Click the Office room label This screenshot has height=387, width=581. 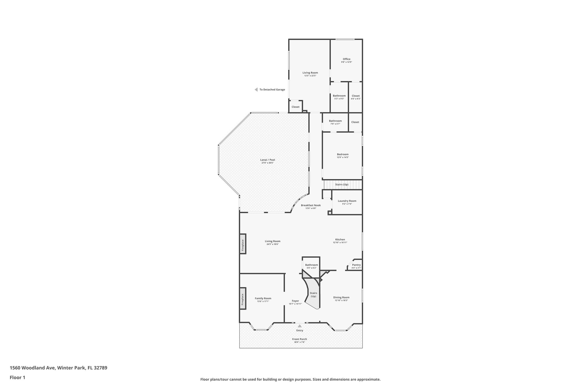[x=346, y=59]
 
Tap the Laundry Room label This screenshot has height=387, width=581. [x=347, y=201]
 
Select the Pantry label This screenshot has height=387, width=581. [x=356, y=265]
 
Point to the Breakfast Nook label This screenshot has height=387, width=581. [x=311, y=205]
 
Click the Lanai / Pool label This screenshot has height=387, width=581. [x=268, y=160]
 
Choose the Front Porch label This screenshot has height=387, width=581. [x=299, y=339]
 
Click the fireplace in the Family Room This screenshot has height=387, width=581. [x=243, y=299]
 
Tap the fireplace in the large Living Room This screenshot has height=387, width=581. [x=243, y=244]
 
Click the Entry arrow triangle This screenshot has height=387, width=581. [x=300, y=326]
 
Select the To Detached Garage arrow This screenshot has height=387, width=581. [x=256, y=90]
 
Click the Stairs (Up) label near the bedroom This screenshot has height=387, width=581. [x=342, y=184]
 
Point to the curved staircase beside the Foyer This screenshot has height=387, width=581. [x=313, y=295]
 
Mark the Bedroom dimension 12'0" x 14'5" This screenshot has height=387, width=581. [x=343, y=157]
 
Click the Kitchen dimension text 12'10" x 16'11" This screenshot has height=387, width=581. [x=340, y=242]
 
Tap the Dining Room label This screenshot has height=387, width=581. [x=341, y=297]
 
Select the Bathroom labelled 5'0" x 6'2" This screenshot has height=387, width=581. [x=311, y=265]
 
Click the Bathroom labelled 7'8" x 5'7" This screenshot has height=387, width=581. [x=335, y=121]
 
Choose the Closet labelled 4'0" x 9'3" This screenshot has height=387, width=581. [x=355, y=96]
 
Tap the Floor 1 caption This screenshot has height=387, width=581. [x=17, y=377]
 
